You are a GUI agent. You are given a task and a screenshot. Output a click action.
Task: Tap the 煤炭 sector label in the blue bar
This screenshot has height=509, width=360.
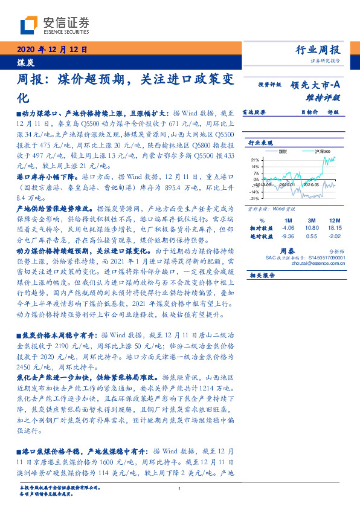click(25, 63)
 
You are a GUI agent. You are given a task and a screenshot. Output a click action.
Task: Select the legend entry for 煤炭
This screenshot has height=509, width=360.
click(281, 151)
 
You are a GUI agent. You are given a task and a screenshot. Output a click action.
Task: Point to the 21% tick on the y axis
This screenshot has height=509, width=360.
click(256, 160)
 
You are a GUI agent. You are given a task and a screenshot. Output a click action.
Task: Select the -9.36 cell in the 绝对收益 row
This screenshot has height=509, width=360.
click(288, 236)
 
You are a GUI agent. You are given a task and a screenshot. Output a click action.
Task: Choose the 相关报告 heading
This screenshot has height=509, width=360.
click(262, 275)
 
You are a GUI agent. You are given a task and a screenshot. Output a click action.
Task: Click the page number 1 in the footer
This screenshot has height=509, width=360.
click(180, 489)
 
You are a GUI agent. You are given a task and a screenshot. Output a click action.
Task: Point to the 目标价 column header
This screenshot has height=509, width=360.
click(310, 112)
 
